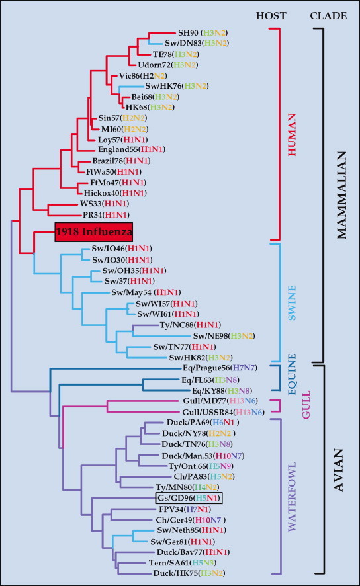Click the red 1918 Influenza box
click(93, 232)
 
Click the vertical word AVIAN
click(341, 469)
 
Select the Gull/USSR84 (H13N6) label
click(214, 412)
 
